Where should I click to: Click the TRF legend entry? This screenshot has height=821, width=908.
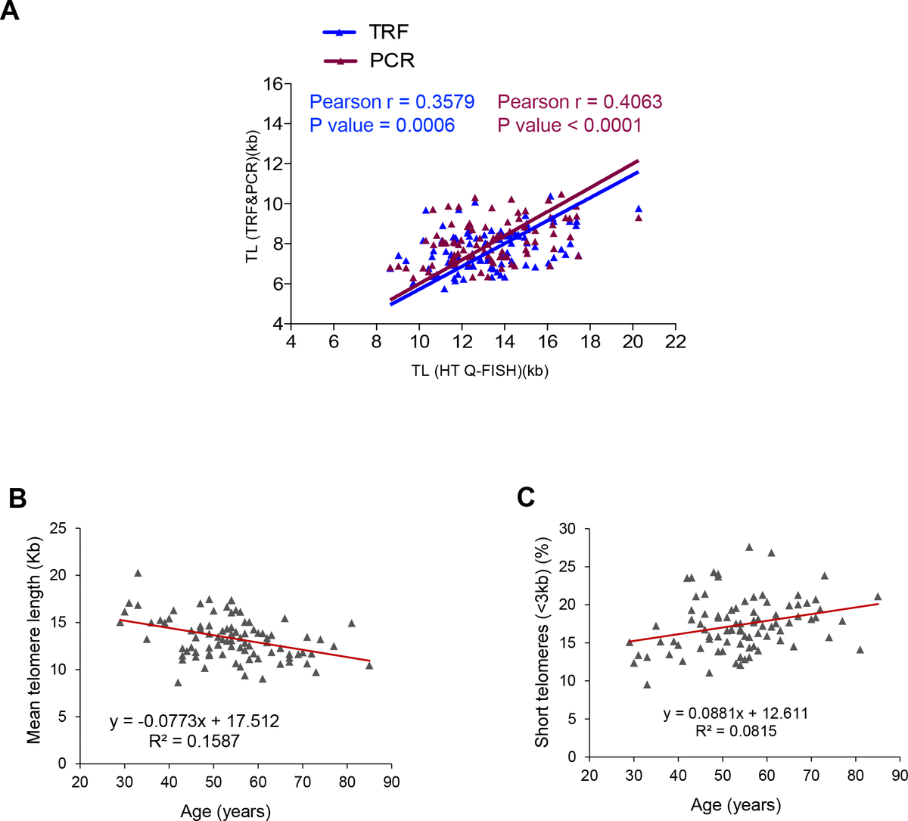(366, 33)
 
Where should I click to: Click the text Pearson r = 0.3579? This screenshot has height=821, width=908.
(392, 102)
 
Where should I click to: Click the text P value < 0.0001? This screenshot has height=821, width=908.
(569, 126)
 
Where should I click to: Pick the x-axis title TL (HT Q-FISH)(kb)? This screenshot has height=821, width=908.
(480, 370)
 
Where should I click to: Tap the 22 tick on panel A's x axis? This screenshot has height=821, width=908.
(676, 342)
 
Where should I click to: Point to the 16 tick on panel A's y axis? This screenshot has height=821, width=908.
(272, 84)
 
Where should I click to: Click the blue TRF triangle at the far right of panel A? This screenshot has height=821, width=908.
(639, 209)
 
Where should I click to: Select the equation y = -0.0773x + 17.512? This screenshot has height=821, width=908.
(194, 721)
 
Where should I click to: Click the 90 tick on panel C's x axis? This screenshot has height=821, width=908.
(899, 776)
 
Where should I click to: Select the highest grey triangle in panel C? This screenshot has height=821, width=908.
(749, 547)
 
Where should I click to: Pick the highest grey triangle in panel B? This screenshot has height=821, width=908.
(138, 574)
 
